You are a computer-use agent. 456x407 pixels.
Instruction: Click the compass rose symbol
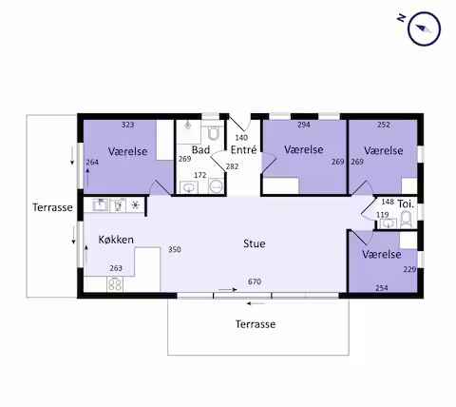(x=425, y=29)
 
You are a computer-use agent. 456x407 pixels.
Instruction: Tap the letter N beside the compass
(x=402, y=18)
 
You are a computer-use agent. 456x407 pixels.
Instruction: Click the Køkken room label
(x=116, y=240)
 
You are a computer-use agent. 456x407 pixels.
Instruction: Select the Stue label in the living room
(x=255, y=243)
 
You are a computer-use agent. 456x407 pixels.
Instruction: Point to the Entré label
(x=243, y=149)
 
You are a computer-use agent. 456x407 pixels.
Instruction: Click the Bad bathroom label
(x=200, y=149)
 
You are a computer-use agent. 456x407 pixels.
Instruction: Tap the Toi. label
(x=406, y=204)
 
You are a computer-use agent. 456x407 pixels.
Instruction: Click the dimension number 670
(x=255, y=281)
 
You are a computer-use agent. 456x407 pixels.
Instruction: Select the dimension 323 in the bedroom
(x=127, y=125)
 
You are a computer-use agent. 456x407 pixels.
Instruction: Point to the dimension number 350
(x=175, y=249)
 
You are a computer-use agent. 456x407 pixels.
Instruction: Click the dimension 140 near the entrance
(x=241, y=138)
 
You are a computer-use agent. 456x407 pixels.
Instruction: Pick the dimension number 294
(x=304, y=125)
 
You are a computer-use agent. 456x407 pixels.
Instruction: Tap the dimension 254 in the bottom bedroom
(x=382, y=288)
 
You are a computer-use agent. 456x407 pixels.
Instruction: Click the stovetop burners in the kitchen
(x=115, y=284)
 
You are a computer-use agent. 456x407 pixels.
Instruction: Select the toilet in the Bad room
(x=214, y=133)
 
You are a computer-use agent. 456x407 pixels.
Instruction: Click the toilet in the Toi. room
(x=406, y=220)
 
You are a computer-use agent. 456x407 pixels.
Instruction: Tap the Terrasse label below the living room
(x=256, y=324)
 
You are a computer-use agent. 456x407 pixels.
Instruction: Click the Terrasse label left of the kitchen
(x=52, y=207)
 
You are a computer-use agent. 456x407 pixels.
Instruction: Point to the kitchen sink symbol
(x=101, y=205)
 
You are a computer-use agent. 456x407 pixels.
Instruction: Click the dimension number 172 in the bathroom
(x=200, y=175)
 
